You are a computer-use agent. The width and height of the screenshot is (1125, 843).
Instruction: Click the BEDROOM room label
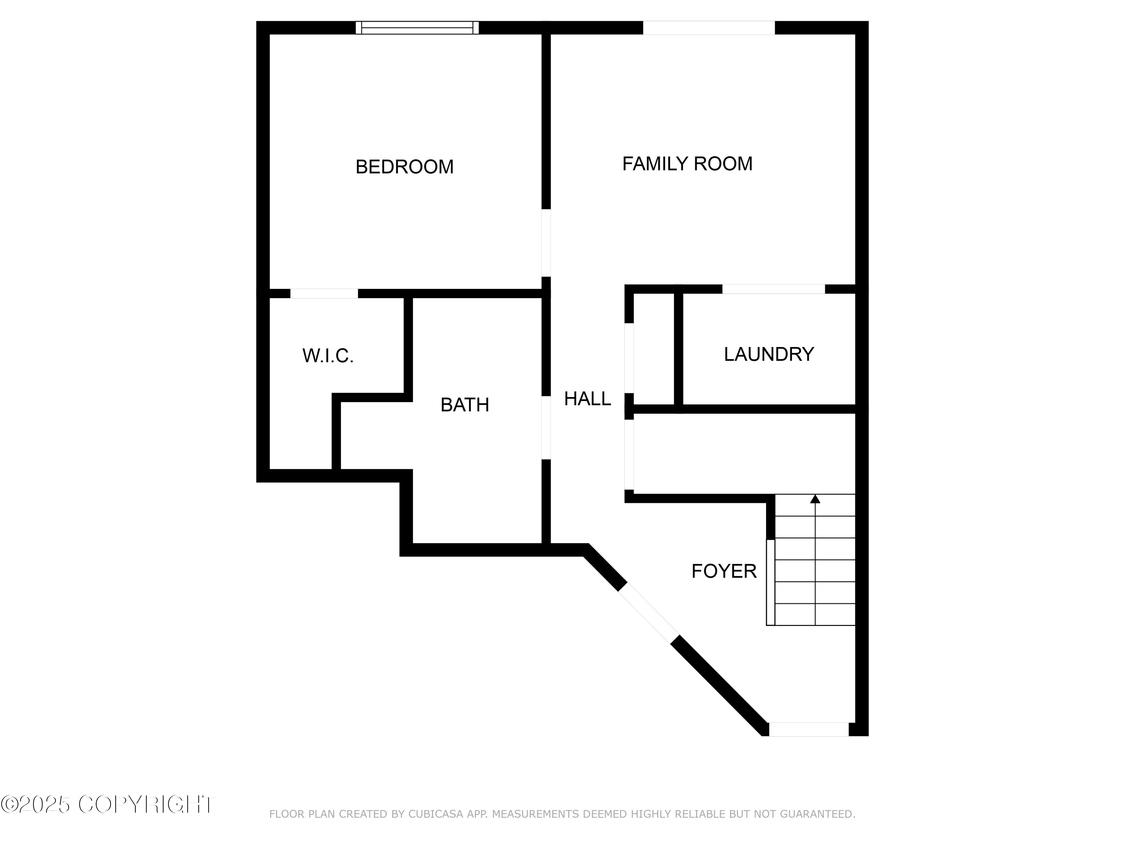(x=404, y=167)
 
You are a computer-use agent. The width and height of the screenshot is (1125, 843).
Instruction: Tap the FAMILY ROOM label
(x=687, y=164)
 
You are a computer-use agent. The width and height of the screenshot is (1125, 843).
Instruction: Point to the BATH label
(x=464, y=405)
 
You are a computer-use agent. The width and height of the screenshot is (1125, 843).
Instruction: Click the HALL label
(x=587, y=399)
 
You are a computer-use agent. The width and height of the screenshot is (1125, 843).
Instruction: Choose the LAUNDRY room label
(x=768, y=354)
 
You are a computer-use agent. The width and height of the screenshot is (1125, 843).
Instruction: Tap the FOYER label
(x=724, y=571)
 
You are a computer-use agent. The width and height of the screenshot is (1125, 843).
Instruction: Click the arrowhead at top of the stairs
(x=815, y=499)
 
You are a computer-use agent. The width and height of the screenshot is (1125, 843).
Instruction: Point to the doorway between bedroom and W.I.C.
(x=324, y=293)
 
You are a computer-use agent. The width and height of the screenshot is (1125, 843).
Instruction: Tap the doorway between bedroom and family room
(x=546, y=243)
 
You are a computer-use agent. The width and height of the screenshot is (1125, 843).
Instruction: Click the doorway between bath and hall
(x=546, y=427)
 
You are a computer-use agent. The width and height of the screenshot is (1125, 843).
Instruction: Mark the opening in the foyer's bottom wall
(x=808, y=729)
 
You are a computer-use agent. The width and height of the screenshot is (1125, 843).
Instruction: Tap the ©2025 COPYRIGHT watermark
(x=108, y=804)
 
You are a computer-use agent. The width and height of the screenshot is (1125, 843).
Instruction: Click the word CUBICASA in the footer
(x=435, y=814)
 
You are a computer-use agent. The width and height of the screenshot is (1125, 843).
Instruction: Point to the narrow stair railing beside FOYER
(x=771, y=582)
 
